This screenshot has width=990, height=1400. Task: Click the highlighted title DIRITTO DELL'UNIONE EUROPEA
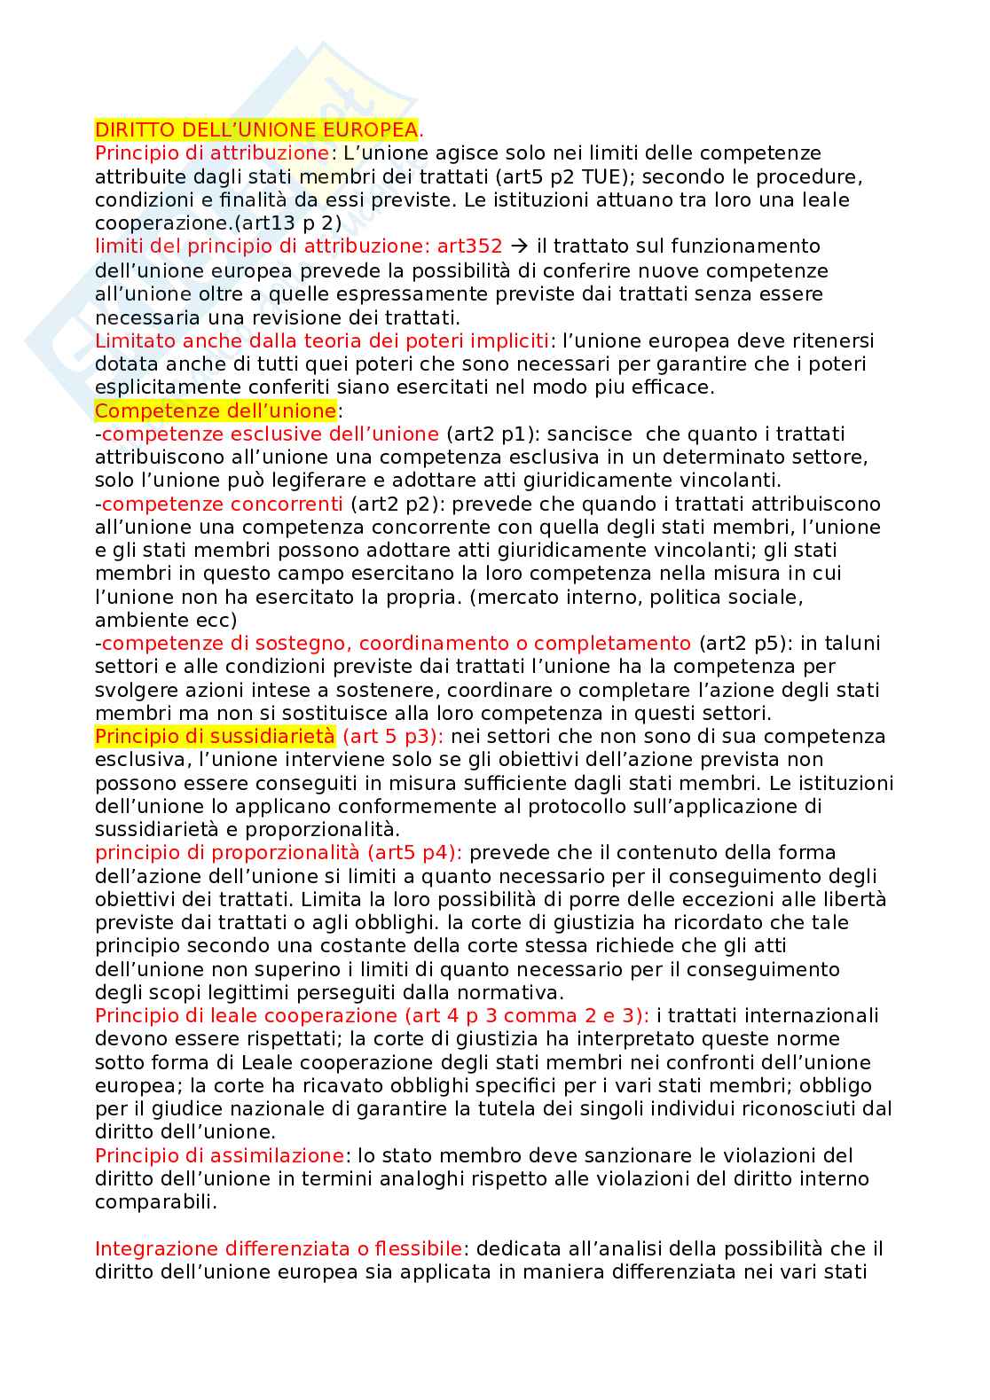[x=255, y=129]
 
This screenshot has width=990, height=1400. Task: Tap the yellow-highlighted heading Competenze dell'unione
[x=216, y=411]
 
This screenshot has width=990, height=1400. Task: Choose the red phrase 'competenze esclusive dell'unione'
[x=270, y=434]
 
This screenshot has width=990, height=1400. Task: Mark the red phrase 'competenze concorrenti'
[x=222, y=504]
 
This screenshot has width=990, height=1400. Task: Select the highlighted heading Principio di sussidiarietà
[x=216, y=736]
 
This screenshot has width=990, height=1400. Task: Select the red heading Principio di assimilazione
[x=219, y=1155]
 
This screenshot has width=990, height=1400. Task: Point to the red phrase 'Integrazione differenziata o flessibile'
[x=279, y=1248]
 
